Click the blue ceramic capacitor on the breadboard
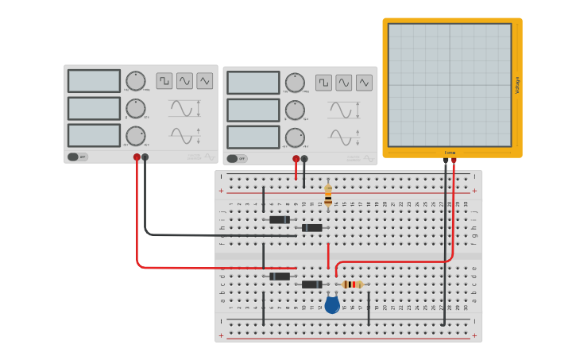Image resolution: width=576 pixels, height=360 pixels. [332, 304]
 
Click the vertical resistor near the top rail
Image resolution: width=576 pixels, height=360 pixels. [328, 195]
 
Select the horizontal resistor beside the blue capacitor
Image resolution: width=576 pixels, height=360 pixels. [352, 285]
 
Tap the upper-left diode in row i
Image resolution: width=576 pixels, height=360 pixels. [279, 219]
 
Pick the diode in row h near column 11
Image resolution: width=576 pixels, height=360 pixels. [311, 228]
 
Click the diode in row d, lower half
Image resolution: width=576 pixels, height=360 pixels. [279, 276]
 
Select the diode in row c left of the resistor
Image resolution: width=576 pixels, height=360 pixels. [311, 285]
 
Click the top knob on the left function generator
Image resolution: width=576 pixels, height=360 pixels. [136, 81]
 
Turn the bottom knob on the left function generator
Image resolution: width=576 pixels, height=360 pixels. [136, 136]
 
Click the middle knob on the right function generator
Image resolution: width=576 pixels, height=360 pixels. [295, 110]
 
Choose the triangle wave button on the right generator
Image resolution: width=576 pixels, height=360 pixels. [364, 83]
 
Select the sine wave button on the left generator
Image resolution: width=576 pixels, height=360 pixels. [184, 80]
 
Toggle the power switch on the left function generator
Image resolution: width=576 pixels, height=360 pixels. [77, 157]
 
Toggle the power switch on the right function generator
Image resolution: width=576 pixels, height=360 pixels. [236, 158]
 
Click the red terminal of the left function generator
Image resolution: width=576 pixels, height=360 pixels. [137, 157]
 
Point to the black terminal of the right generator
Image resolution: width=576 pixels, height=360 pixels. [304, 159]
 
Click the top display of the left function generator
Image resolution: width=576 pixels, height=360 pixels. [94, 81]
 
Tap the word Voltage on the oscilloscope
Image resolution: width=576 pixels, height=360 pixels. [517, 85]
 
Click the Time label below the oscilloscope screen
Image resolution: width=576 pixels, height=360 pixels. [450, 153]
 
